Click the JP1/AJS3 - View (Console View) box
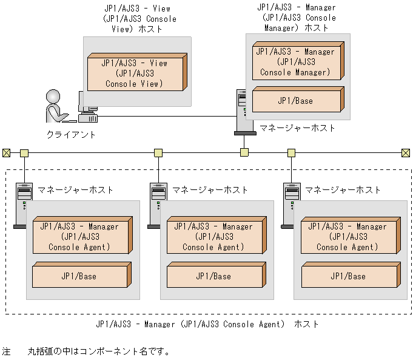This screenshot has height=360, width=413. point(135,73)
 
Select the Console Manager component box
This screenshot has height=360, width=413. point(294,63)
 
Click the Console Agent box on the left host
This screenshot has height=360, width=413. point(79,237)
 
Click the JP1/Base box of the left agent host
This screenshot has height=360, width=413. point(79,276)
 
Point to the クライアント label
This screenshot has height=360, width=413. point(71,134)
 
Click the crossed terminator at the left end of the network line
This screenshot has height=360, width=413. point(7,152)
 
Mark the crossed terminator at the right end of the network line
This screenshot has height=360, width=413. point(406,152)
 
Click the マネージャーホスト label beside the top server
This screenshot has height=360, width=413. point(297,128)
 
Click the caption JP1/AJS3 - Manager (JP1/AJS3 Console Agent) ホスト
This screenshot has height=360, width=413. point(207,324)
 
